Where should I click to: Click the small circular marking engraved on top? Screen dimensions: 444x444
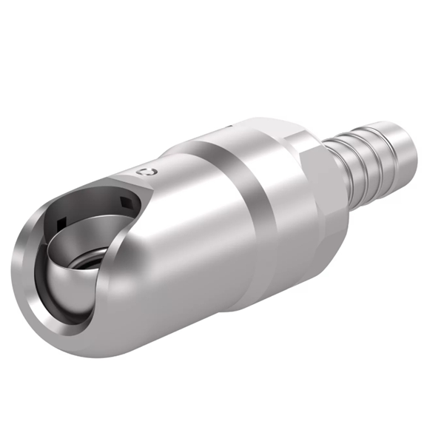[149, 172]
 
